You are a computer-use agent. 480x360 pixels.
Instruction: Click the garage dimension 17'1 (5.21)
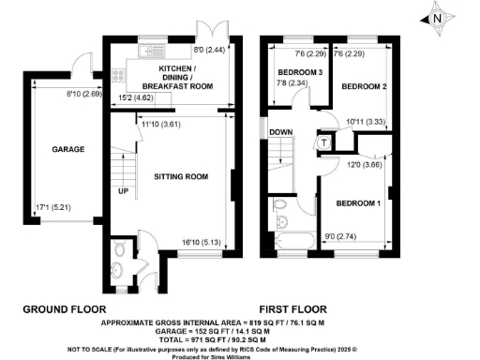49,209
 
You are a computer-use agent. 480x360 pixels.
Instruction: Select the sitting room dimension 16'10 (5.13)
202,241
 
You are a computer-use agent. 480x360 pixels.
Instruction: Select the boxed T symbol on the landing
324,142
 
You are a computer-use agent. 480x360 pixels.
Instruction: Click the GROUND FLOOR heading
64,307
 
